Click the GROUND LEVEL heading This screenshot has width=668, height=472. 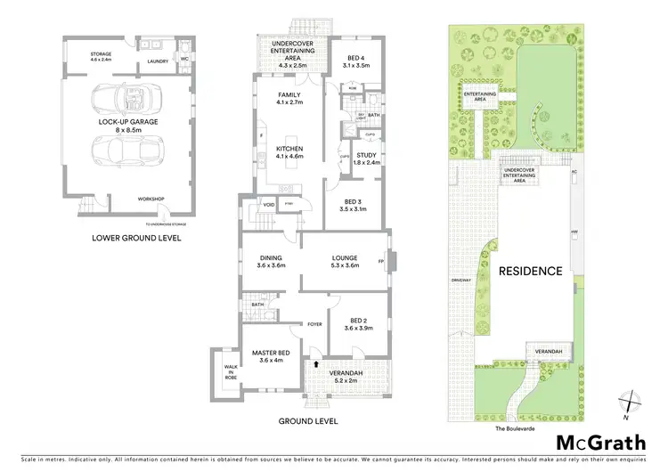pyautogui.click(x=308, y=421)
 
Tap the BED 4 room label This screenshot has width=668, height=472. pyautogui.click(x=355, y=61)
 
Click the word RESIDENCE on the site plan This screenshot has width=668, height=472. pyautogui.click(x=531, y=271)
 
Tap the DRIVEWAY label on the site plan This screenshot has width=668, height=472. pyautogui.click(x=460, y=280)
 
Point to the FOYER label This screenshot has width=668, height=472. pyautogui.click(x=314, y=324)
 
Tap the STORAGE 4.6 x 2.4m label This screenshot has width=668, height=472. pyautogui.click(x=101, y=57)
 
